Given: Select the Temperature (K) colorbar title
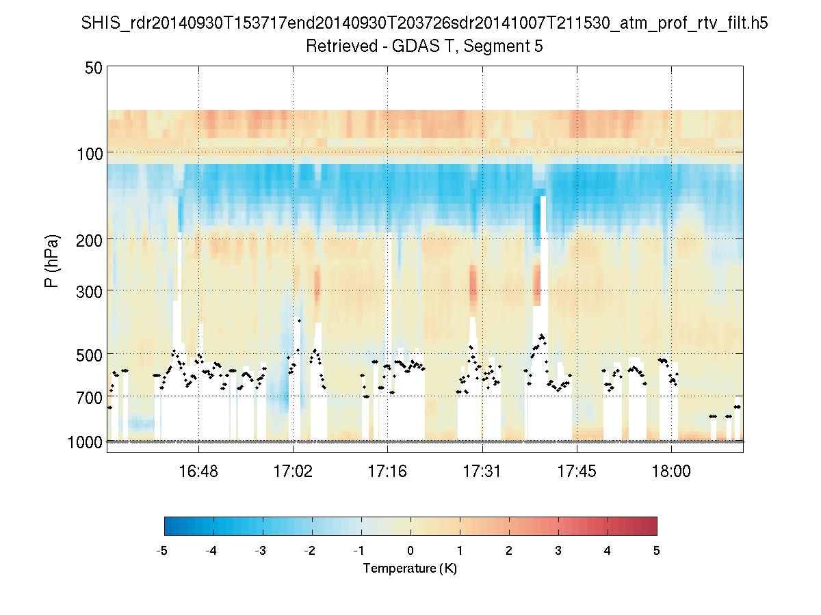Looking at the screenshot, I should click(410, 569).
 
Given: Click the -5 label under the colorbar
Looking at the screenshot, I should click(162, 551).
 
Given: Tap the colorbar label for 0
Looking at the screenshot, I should click(410, 551).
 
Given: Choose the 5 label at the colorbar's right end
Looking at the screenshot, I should click(657, 551).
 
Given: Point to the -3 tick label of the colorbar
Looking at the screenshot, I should click(261, 551).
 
